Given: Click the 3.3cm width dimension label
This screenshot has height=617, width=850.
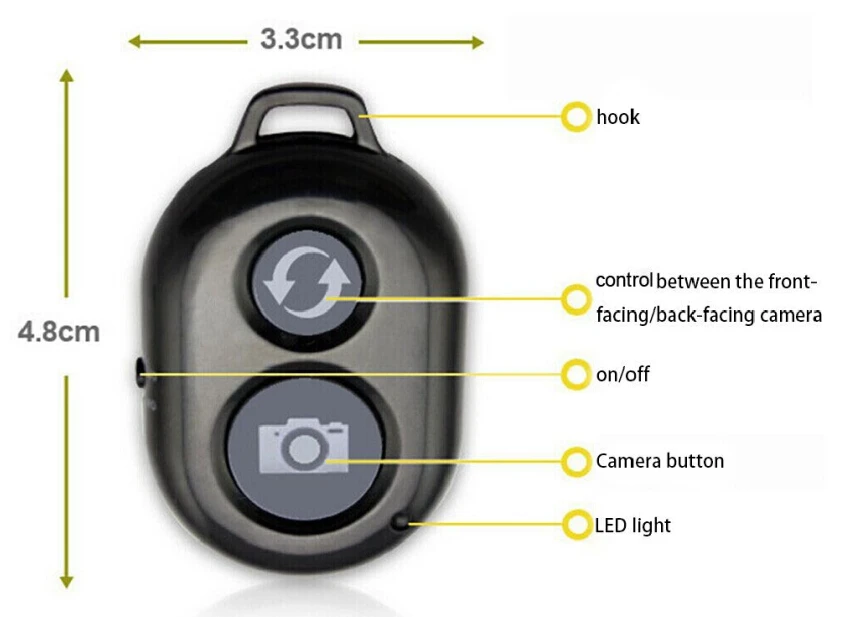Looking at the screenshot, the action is pos(301,40).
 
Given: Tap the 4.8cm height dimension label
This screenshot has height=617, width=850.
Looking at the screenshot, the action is pos(59,332).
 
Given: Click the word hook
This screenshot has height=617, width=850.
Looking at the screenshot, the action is pos(618,117).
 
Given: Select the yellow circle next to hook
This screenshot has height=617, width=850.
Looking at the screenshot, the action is pos(576,117).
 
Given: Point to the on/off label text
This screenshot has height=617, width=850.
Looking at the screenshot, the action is pos(623,375).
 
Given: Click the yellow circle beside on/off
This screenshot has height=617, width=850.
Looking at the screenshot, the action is pos(576,375).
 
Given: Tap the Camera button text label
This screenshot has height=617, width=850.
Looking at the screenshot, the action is pos(660,461).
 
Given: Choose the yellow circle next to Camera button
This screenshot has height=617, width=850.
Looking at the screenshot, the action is pos(576,461).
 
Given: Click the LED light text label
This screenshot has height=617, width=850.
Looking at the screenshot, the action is pos(633,524).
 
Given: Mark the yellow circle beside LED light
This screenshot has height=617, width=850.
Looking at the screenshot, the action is pos(576,524).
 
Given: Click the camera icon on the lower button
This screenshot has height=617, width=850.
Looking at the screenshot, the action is pos(304,446).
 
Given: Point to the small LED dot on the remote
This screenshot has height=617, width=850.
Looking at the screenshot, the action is pos(401,522).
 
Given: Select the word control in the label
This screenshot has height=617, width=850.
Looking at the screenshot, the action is pos(624,280).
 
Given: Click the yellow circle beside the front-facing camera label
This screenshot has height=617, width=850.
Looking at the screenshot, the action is pos(576,297).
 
